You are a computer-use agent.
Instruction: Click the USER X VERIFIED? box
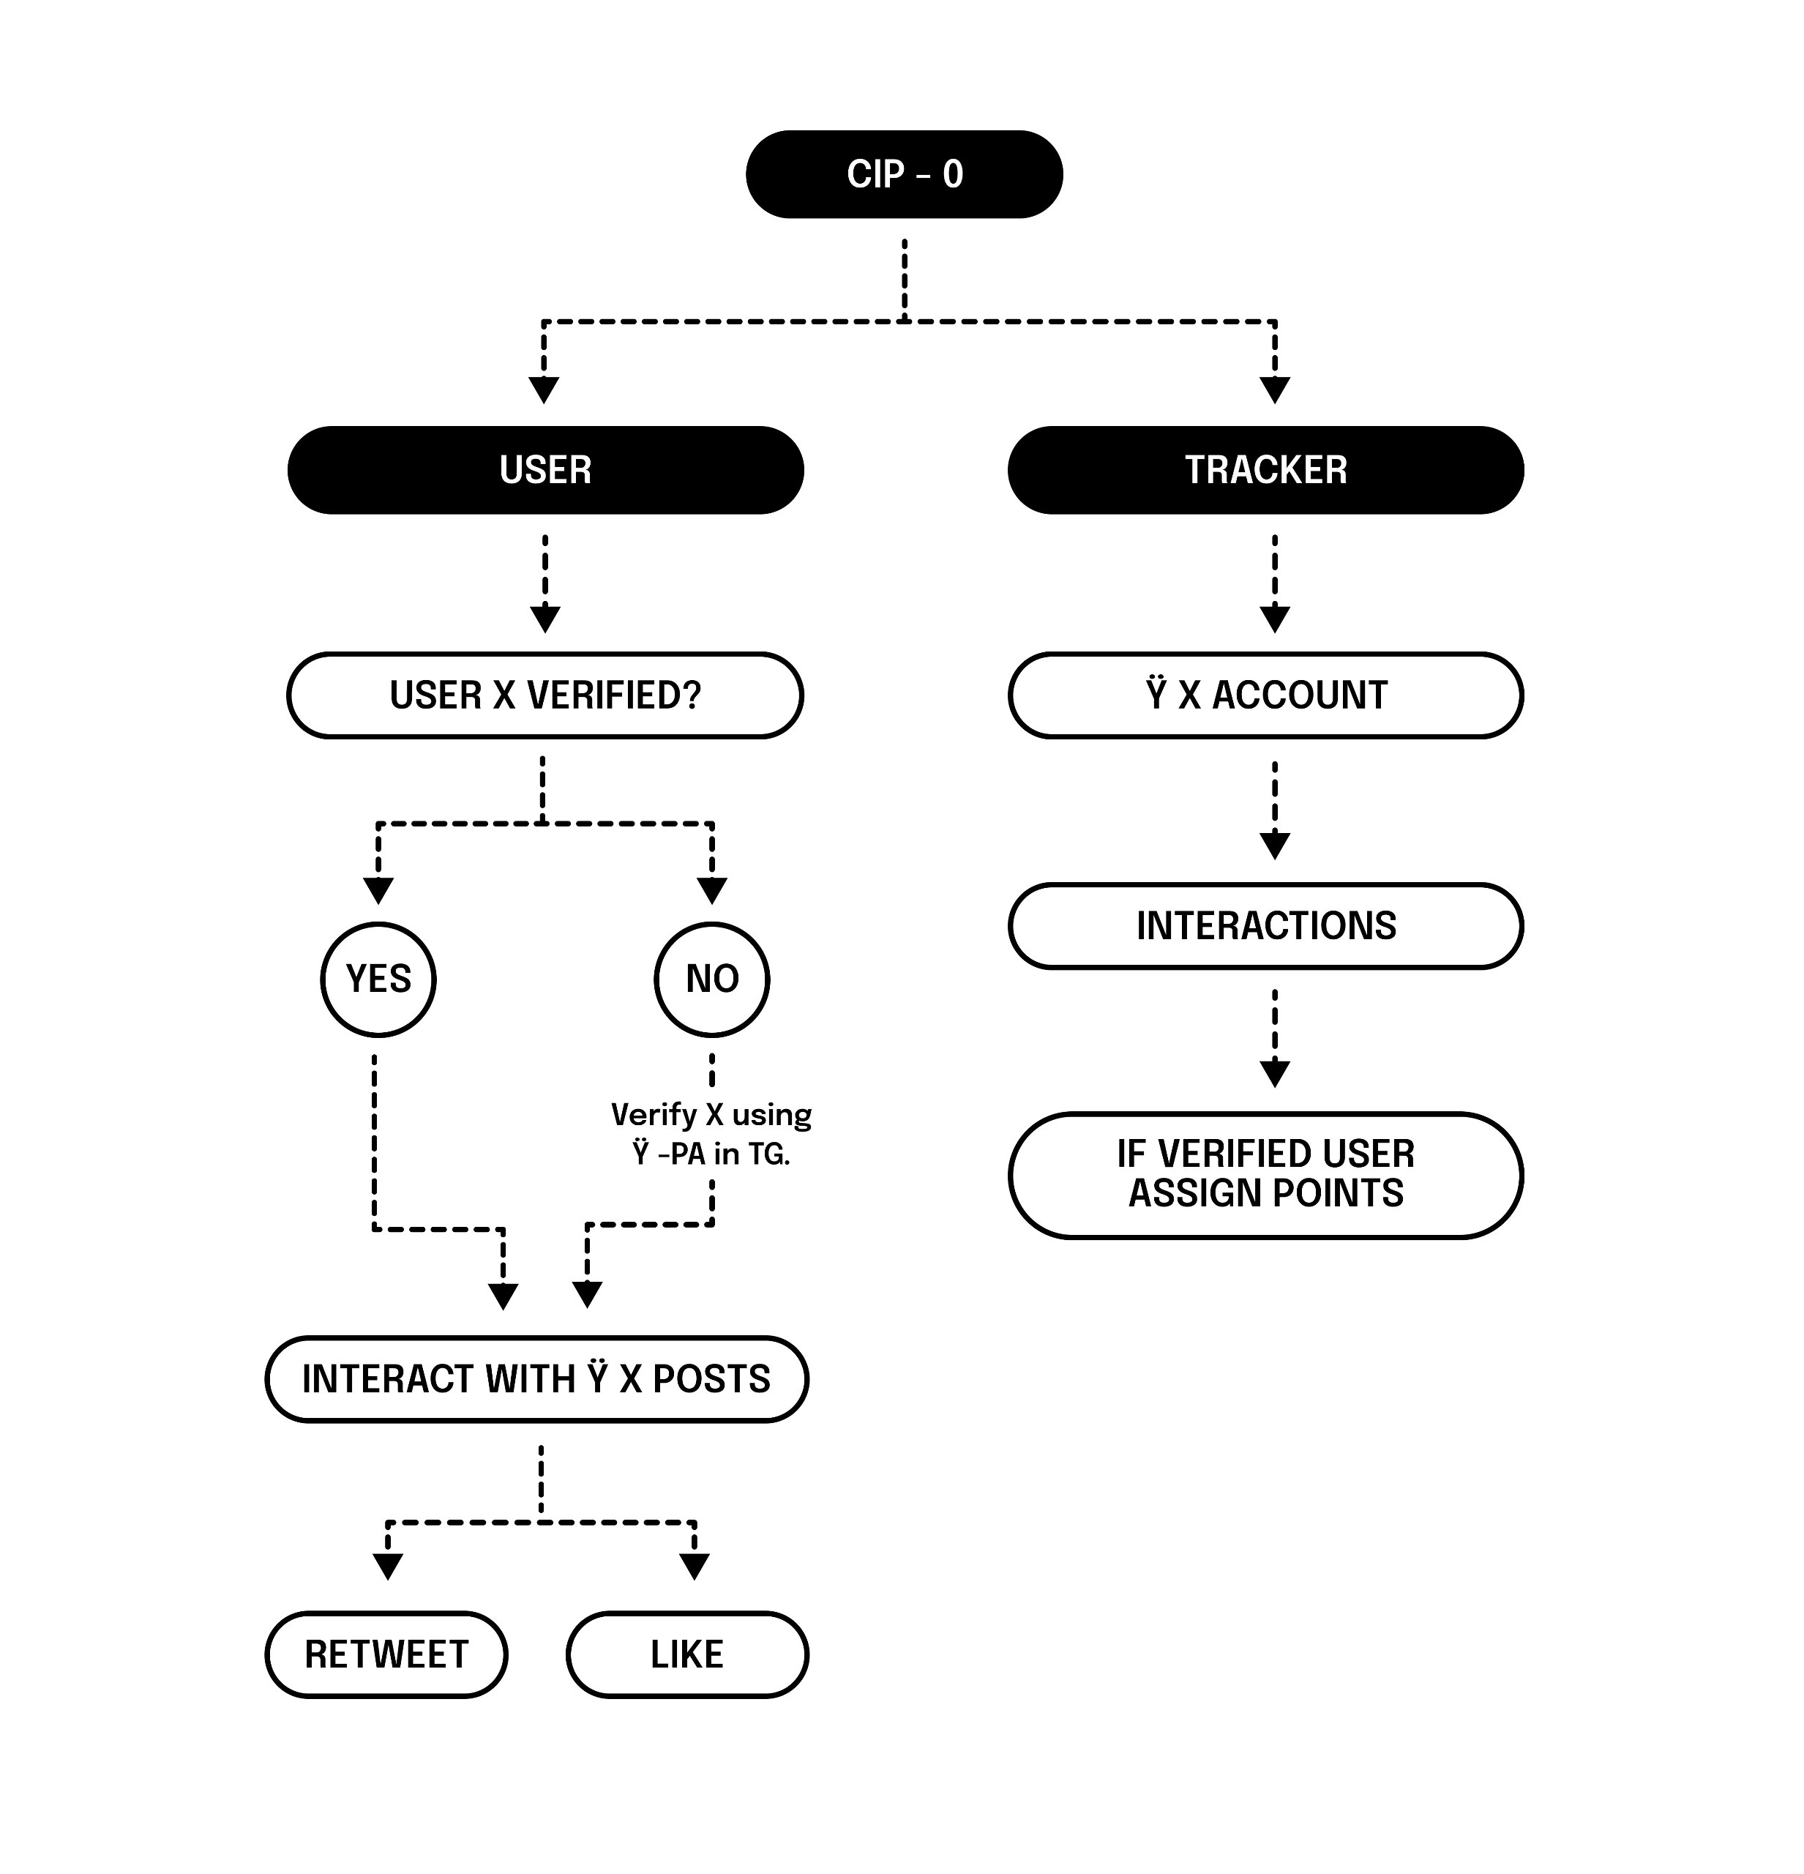click(545, 695)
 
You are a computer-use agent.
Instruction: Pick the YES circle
click(378, 979)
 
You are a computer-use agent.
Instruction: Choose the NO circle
click(711, 979)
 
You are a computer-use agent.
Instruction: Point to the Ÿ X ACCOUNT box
click(1265, 695)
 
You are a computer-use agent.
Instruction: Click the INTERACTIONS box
click(1265, 925)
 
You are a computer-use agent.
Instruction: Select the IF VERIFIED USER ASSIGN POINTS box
click(1265, 1174)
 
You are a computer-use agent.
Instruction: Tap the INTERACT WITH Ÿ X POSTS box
click(536, 1378)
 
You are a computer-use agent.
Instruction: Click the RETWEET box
click(386, 1654)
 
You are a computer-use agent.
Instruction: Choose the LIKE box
click(686, 1654)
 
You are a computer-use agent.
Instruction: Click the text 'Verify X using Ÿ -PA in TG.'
click(711, 1134)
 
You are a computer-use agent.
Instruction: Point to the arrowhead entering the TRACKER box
click(1274, 390)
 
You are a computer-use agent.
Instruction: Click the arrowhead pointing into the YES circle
click(378, 890)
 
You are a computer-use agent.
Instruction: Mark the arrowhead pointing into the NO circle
click(711, 890)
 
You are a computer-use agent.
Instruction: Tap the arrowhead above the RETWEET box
click(387, 1566)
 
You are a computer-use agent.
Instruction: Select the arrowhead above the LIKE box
click(694, 1566)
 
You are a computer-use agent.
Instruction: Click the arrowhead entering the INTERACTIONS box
click(1274, 845)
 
